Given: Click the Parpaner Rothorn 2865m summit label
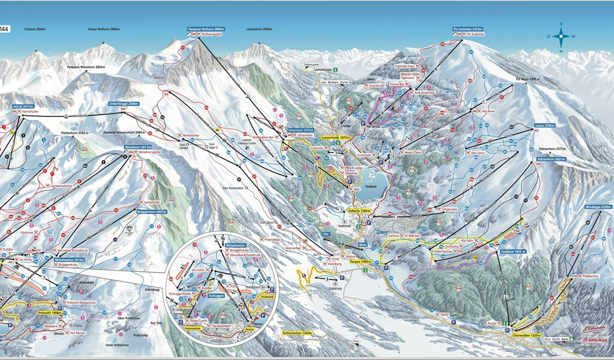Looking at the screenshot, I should tap(206, 29).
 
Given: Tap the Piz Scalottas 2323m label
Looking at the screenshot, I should tap(468, 29).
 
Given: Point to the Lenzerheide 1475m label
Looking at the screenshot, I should tap(335, 137).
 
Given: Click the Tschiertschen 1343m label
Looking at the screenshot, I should tap(298, 332).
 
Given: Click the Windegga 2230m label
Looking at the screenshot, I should tap(598, 207).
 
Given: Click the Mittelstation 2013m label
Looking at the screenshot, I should tap(70, 259).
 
